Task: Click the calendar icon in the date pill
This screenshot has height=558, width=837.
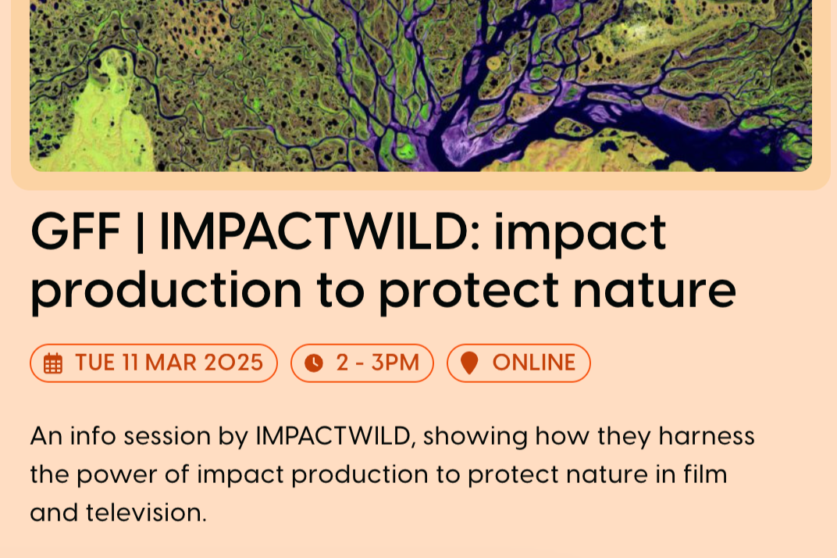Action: [x=53, y=363]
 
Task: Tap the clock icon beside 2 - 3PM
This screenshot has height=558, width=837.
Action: [x=314, y=363]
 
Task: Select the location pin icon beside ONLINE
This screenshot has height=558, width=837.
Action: [x=469, y=363]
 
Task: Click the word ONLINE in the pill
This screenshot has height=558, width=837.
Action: [x=534, y=363]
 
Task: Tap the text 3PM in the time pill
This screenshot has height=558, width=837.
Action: [x=396, y=363]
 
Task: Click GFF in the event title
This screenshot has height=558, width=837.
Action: [x=75, y=232]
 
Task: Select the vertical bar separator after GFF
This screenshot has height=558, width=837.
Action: [x=140, y=232]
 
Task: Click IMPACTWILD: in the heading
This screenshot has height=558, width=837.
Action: [x=319, y=232]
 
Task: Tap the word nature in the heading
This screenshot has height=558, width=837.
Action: [x=654, y=291]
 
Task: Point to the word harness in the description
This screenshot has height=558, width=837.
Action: [x=707, y=436]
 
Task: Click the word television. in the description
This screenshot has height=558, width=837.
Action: [x=146, y=513]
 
